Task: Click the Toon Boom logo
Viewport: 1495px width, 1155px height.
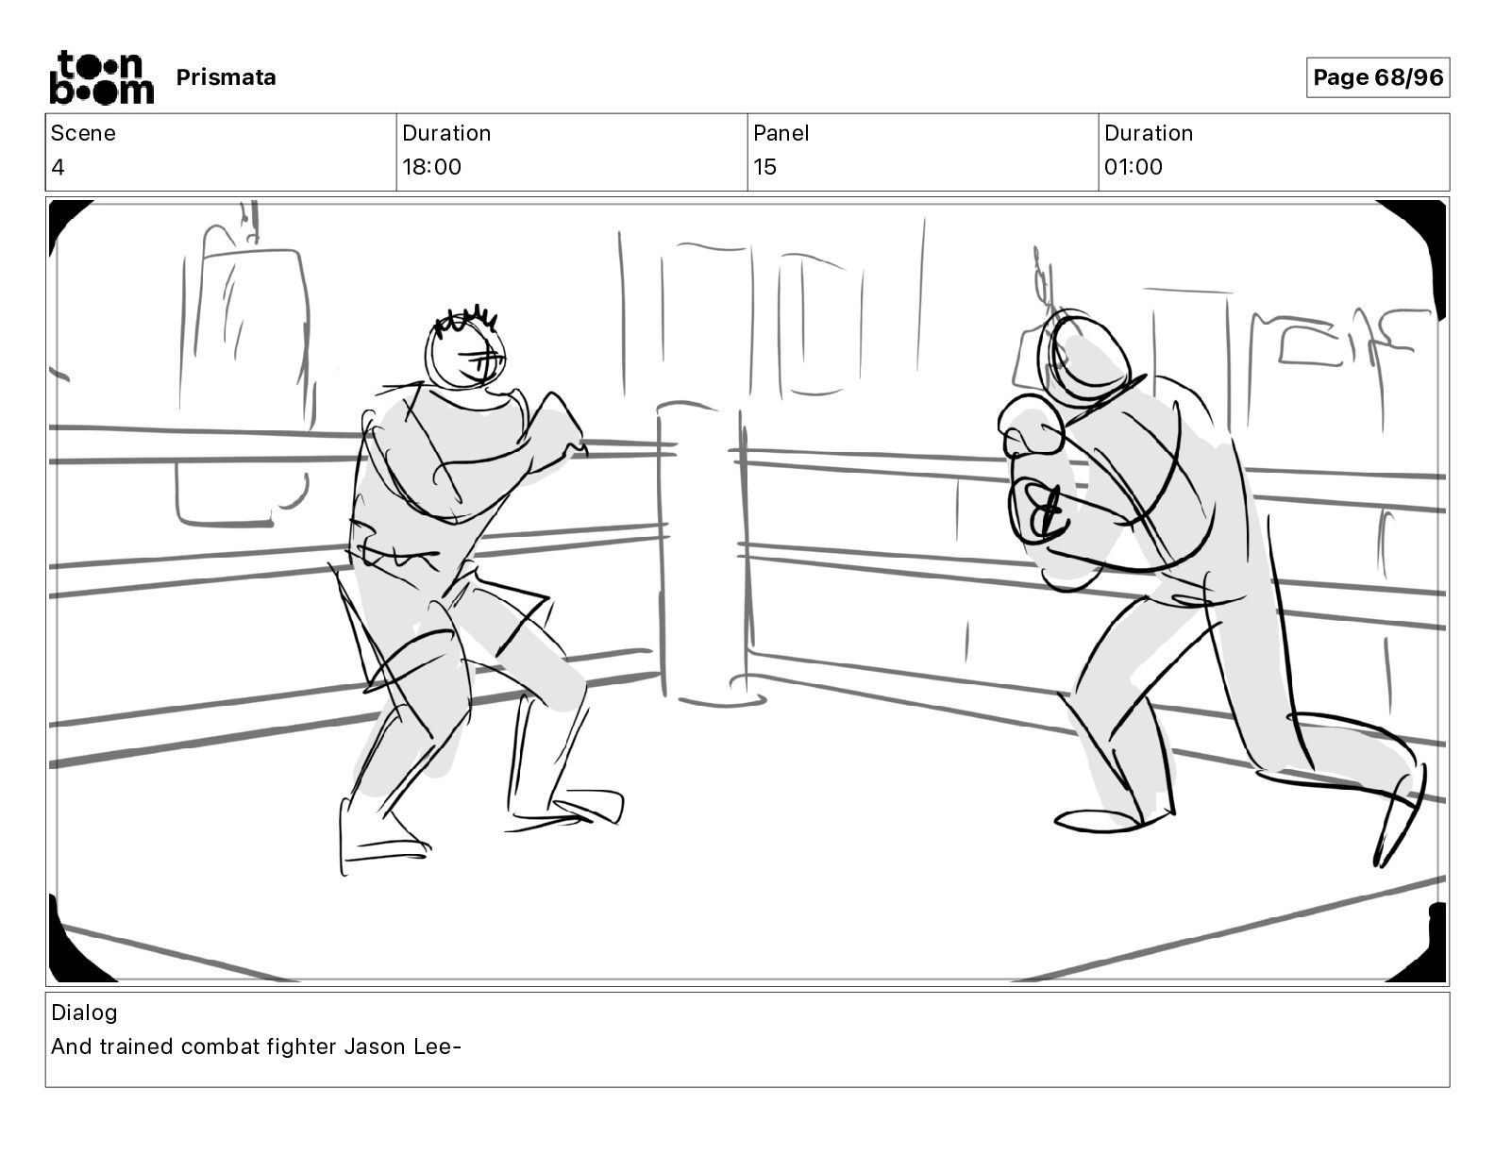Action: [102, 77]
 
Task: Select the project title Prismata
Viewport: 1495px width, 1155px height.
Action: [226, 77]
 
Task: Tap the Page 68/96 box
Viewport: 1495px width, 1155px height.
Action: [1377, 77]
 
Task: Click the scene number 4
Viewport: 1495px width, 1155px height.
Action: [58, 166]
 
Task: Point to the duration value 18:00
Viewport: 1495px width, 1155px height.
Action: [431, 166]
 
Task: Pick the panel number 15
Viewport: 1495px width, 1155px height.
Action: [764, 166]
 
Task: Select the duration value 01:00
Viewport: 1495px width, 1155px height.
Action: [1134, 166]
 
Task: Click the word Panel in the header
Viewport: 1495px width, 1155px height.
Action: [781, 133]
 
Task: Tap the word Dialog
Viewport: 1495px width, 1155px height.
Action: [84, 1013]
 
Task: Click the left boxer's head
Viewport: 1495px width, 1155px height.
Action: [465, 352]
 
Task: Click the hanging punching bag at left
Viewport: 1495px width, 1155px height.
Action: [244, 385]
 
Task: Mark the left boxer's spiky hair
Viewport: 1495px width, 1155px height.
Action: [465, 321]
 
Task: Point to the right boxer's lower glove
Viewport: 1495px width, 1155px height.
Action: [1040, 512]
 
